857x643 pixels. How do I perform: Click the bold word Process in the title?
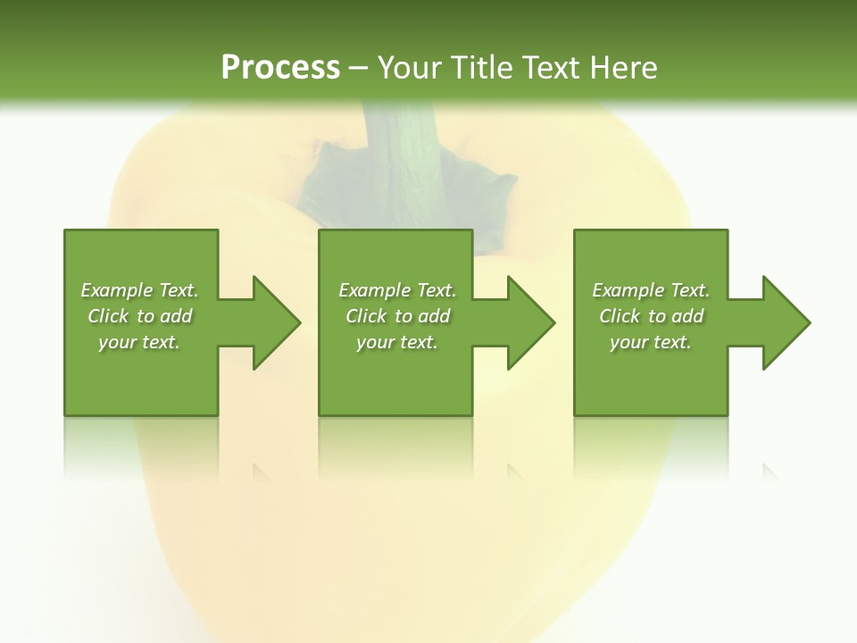[280, 67]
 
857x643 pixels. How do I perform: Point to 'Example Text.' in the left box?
[139, 290]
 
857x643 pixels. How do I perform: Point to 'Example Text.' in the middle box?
[397, 290]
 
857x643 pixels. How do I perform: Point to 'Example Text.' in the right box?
[651, 290]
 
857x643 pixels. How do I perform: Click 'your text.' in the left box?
[139, 342]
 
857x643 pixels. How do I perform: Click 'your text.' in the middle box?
[397, 342]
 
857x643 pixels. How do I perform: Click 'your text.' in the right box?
[651, 342]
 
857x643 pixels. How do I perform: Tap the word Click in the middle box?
[367, 316]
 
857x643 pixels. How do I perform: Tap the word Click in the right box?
[620, 316]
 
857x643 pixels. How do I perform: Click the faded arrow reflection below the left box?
[261, 472]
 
